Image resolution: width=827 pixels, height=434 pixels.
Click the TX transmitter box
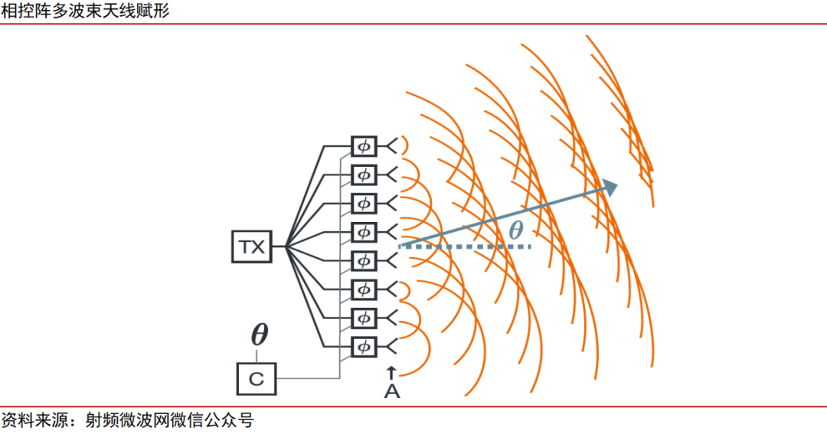click(251, 246)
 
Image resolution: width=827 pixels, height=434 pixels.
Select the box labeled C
click(257, 377)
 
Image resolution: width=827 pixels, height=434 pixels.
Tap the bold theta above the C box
click(260, 335)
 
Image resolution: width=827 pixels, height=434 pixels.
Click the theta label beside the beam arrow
click(517, 230)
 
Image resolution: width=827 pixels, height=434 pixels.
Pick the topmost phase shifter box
click(364, 145)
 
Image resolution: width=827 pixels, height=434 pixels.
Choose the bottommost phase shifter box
click(364, 346)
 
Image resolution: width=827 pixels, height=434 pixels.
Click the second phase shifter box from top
click(364, 174)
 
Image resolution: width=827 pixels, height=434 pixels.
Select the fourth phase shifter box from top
click(364, 231)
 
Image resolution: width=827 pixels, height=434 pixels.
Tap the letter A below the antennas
click(391, 392)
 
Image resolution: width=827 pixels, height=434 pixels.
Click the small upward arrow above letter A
click(391, 373)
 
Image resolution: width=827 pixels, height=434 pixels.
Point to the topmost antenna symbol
click(390, 145)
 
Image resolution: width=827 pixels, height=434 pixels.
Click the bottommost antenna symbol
click(390, 346)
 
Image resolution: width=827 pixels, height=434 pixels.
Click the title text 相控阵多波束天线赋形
click(86, 11)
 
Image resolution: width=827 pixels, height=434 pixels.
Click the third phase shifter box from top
click(364, 203)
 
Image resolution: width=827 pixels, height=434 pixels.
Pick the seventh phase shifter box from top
click(364, 317)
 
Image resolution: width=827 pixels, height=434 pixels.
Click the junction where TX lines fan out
click(284, 246)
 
